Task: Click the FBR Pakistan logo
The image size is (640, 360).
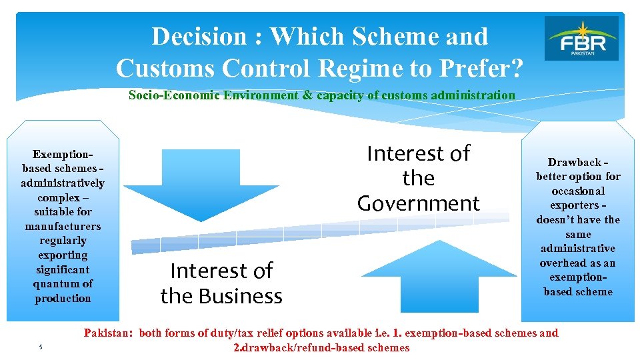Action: [x=581, y=38]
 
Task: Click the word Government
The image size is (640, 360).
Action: [x=418, y=203]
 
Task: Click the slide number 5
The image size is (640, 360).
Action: [x=40, y=347]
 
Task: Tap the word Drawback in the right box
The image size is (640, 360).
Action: [x=574, y=162]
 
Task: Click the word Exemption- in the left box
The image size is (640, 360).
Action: [x=63, y=153]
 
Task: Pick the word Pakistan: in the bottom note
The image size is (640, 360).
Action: [x=109, y=333]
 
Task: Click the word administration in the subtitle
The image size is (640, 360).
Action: [x=474, y=95]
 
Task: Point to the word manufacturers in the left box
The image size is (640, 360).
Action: [x=63, y=226]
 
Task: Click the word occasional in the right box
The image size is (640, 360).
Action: [x=578, y=191]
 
